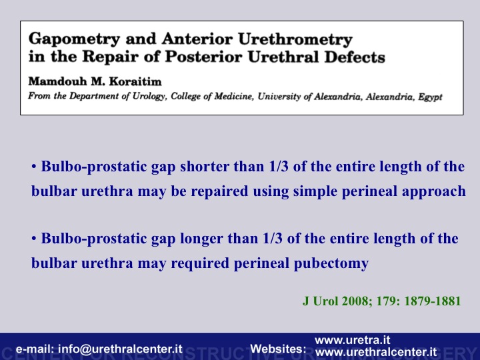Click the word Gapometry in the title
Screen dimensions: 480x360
coord(74,39)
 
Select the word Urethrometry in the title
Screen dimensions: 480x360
coord(295,39)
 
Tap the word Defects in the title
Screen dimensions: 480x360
coord(355,57)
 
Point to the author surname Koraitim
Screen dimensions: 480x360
coord(135,81)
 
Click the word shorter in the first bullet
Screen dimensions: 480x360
coord(205,167)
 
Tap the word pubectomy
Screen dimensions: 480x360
coord(331,263)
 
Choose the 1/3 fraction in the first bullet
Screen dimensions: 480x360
coord(279,167)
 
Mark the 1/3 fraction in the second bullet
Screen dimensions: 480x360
coord(273,239)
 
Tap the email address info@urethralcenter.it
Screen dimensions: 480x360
coord(120,349)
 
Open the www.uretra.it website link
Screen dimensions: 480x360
coord(353,340)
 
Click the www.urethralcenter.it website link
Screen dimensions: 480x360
coord(376,352)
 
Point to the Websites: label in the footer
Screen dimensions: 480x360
coord(278,349)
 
